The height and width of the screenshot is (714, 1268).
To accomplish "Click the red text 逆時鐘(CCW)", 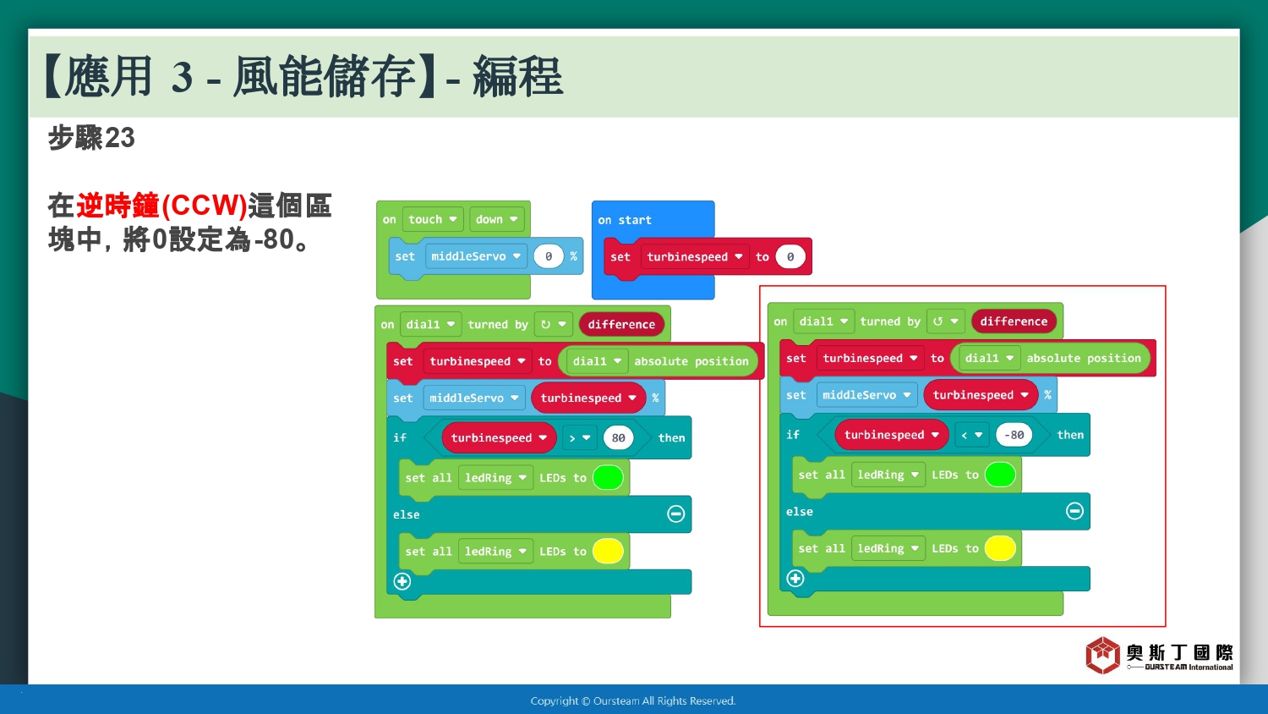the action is pos(162,205).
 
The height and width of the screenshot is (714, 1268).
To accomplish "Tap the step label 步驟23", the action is pos(91,138).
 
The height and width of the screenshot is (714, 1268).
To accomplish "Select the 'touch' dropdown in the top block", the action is pos(433,219).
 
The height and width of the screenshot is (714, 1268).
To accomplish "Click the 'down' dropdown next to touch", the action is pos(496,219).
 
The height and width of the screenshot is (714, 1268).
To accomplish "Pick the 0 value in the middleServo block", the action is pos(548,256).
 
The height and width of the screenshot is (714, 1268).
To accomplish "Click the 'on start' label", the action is pos(625,220).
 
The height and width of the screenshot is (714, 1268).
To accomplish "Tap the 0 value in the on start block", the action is pos(790,256).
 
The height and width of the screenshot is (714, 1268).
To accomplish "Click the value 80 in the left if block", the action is pos(618,437).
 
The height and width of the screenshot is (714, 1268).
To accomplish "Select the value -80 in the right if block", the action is pos(1014,435).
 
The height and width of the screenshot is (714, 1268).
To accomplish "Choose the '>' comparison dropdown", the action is pos(579,437).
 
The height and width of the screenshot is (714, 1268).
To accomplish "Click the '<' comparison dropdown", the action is pos(971,435).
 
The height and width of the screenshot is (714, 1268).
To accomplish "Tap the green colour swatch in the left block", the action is pos(608,477).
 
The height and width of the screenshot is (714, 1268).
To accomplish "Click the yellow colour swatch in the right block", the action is pos(1000,548).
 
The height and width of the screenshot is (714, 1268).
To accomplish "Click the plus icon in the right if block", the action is pos(795,578).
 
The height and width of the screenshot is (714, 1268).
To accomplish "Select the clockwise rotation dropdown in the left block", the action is pos(553,324).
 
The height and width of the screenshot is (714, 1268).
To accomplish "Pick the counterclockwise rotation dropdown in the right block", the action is pos(945,321).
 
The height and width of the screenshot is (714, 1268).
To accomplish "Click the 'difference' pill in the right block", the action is pos(1014,321).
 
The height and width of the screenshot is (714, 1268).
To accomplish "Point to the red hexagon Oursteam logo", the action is pos(1102,655).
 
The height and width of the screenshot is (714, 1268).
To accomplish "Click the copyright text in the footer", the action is pos(633,701).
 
